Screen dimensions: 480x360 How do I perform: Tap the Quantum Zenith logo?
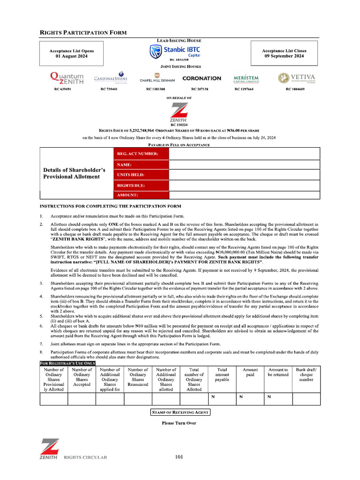pyautogui.click(x=67, y=78)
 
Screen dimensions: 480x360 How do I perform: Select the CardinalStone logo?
pyautogui.click(x=111, y=78)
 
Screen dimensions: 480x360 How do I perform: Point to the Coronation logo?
pyautogui.click(x=202, y=78)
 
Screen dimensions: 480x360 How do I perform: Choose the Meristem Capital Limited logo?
pyautogui.click(x=246, y=78)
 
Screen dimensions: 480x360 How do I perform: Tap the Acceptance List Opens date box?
pyautogui.click(x=72, y=53)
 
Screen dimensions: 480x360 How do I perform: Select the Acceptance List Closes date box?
pyautogui.click(x=284, y=53)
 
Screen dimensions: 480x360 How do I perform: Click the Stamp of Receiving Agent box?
pyautogui.click(x=180, y=412)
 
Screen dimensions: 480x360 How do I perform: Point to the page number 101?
pyautogui.click(x=179, y=457)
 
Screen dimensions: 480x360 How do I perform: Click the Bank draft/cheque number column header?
pyautogui.click(x=306, y=375)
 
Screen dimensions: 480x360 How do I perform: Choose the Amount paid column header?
pyautogui.click(x=250, y=372)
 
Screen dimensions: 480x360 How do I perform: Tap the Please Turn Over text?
pyautogui.click(x=179, y=423)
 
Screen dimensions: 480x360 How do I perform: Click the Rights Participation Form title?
pyautogui.click(x=83, y=32)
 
